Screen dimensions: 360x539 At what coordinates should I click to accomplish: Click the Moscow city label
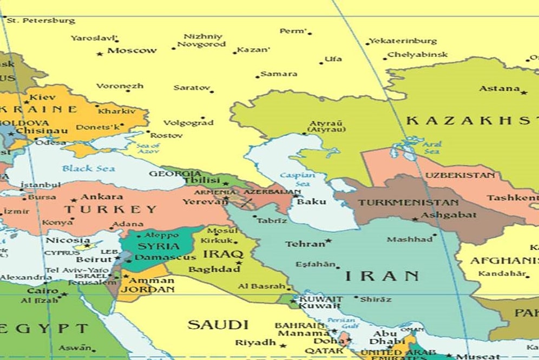coord(132,50)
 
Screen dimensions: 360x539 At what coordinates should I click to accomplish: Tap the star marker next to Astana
coord(523,93)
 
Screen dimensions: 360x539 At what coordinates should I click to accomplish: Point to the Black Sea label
coord(88,168)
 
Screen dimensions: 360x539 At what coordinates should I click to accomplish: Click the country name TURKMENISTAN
coord(408,202)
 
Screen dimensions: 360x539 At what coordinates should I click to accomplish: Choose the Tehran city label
coord(305,244)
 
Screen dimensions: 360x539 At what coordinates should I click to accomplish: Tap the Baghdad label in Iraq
coord(214,269)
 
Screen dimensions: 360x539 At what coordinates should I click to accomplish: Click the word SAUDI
coord(218,325)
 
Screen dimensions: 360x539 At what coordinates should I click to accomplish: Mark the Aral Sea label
coord(432,147)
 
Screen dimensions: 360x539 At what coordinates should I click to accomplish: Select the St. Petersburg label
coord(41,21)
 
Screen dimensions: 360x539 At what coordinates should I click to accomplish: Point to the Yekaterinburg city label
coord(403,41)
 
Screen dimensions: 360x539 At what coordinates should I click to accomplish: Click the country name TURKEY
coord(110,210)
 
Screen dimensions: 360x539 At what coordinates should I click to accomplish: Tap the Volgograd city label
coord(188,123)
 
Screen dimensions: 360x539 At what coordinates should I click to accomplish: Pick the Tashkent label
coord(512,198)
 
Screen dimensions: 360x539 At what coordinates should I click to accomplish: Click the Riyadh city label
coord(255,343)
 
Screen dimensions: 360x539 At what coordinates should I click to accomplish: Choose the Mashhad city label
coord(409,239)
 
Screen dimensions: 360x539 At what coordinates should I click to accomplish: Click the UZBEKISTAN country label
coord(459,175)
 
